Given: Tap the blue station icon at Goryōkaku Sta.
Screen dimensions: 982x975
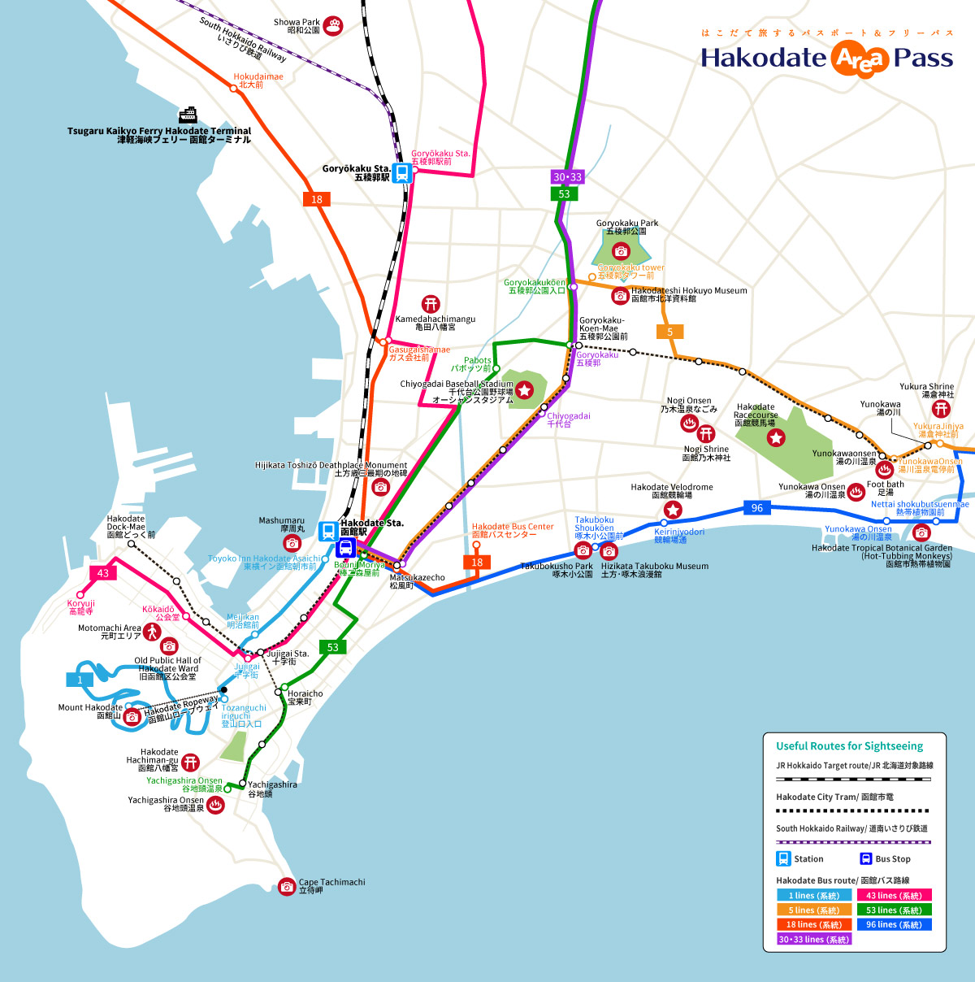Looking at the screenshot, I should [401, 172].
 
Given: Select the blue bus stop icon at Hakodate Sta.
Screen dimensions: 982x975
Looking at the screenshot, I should [344, 547].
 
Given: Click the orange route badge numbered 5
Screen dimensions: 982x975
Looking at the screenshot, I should [670, 332].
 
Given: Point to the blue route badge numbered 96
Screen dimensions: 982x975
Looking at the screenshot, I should [757, 508].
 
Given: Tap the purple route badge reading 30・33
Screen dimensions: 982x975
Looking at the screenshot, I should [567, 177].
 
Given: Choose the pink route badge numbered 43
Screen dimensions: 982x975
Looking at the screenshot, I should [103, 573].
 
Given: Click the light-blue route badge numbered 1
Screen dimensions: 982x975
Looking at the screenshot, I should [80, 680].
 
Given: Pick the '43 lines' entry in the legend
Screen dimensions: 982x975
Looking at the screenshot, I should [894, 895].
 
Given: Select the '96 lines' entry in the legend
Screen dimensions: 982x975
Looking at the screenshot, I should [894, 924].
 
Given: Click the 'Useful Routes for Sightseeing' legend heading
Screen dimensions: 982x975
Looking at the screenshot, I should [849, 745].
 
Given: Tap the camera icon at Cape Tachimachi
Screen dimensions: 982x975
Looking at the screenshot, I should [286, 886].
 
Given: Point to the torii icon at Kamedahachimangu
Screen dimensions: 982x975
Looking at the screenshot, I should [431, 304].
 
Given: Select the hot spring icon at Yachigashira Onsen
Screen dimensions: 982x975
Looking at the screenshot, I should [215, 805].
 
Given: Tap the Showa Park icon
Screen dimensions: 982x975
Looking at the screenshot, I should [333, 26].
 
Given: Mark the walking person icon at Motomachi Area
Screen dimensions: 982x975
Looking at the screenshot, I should [153, 632].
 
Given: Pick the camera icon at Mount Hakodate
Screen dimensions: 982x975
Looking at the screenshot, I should [132, 716].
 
